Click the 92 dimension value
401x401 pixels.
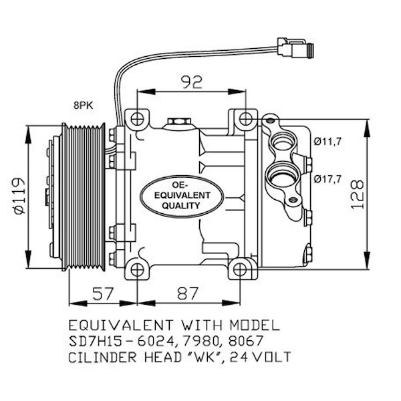192,82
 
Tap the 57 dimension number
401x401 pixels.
102,293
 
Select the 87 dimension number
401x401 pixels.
188,293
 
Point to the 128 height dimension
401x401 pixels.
357,194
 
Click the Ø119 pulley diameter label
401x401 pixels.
19,196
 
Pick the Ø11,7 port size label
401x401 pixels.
327,142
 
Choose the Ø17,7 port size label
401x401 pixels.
327,179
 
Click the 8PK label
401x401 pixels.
84,106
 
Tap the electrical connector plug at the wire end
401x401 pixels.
295,48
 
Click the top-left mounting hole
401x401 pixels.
137,119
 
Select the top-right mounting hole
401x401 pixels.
245,119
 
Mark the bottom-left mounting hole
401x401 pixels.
137,270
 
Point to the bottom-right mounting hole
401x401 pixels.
240,270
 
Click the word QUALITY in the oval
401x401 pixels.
181,206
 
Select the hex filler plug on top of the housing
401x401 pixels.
178,120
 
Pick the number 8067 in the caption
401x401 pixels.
246,341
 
